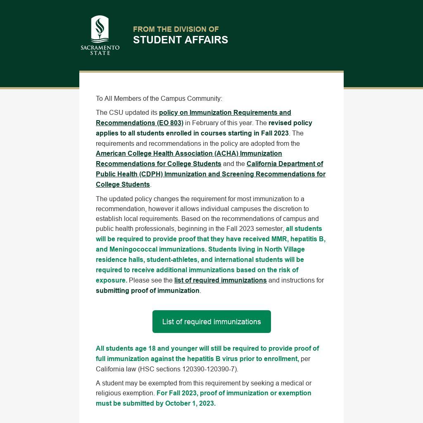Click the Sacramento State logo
pyautogui.click(x=100, y=35)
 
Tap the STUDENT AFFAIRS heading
pyautogui.click(x=180, y=40)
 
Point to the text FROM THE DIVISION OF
pyautogui.click(x=176, y=29)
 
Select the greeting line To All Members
pyautogui.click(x=159, y=98)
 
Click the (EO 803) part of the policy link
pyautogui.click(x=170, y=123)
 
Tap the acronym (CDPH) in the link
pyautogui.click(x=151, y=174)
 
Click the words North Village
pyautogui.click(x=284, y=249)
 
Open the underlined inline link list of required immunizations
pyautogui.click(x=220, y=280)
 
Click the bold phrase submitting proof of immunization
pyautogui.click(x=147, y=290)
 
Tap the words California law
pyautogui.click(x=116, y=369)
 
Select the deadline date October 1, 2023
pyautogui.click(x=190, y=403)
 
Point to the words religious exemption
pyautogui.click(x=125, y=393)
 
